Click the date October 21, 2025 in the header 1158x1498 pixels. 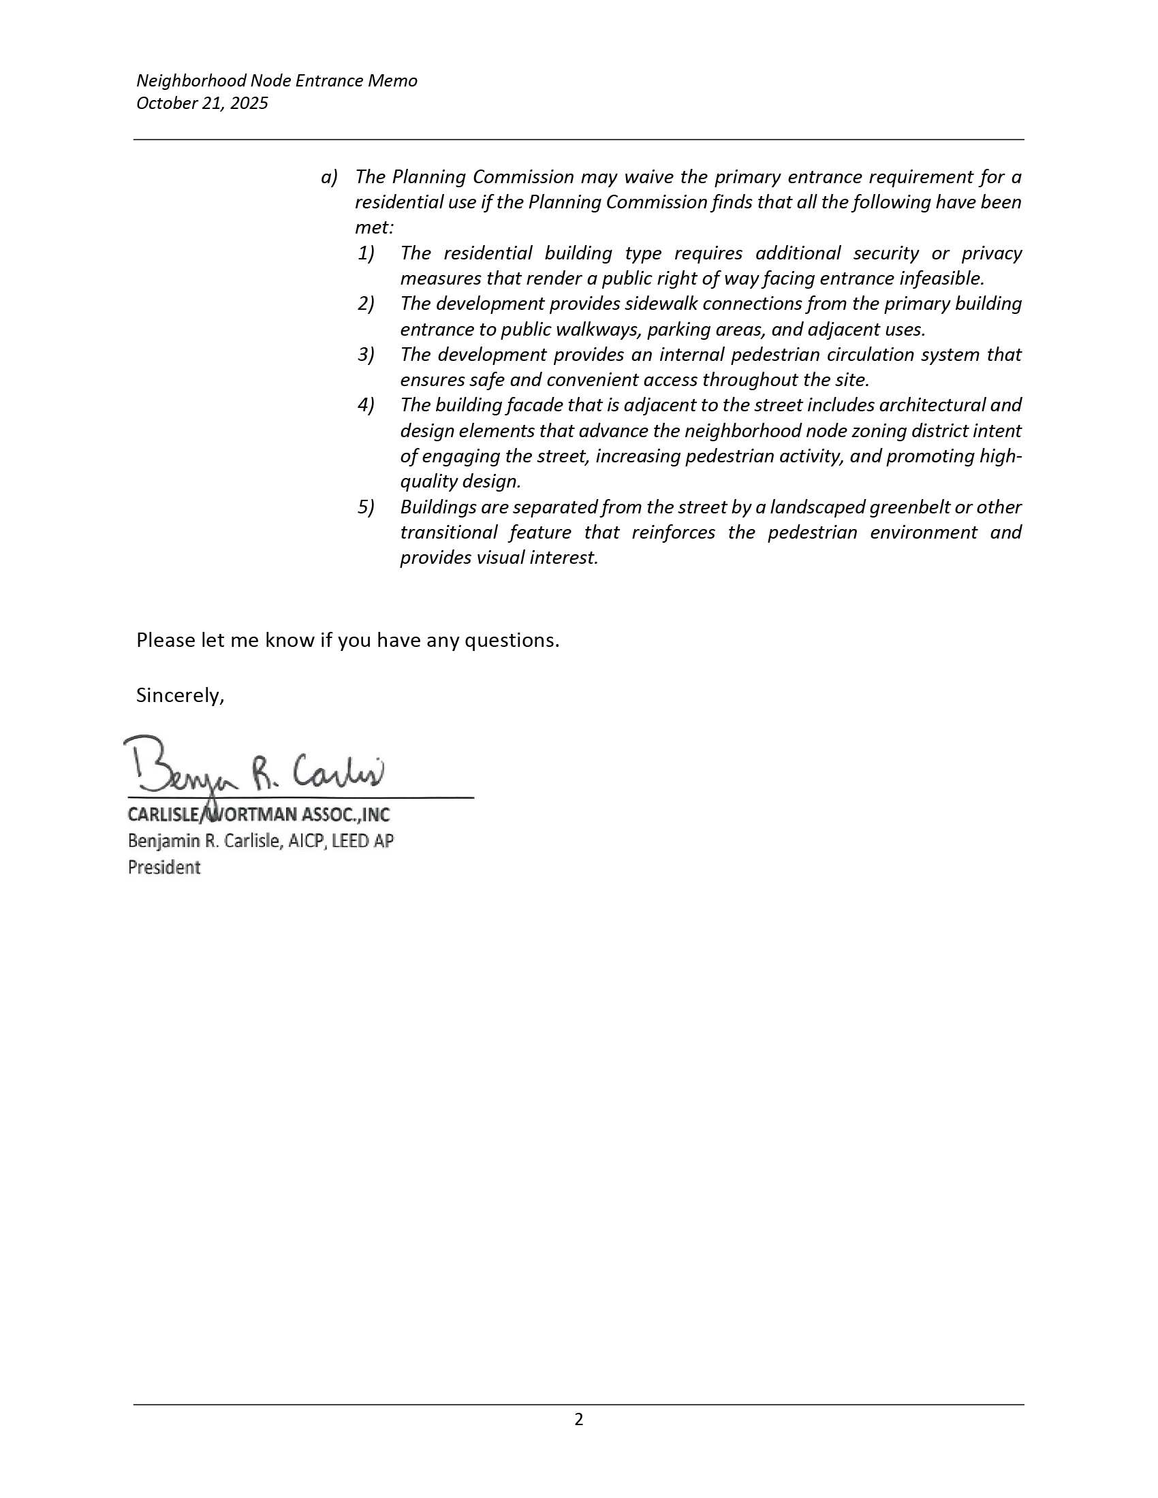(202, 103)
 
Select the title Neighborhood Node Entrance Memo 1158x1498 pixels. (277, 81)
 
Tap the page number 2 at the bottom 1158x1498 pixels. (578, 1419)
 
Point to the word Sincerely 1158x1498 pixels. (180, 695)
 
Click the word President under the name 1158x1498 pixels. (164, 867)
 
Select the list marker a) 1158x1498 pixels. (329, 178)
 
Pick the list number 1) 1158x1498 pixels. (366, 254)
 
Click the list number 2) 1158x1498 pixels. (366, 304)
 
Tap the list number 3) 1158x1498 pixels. (366, 355)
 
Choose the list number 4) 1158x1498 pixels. (366, 405)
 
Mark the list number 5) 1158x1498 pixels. (366, 507)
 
